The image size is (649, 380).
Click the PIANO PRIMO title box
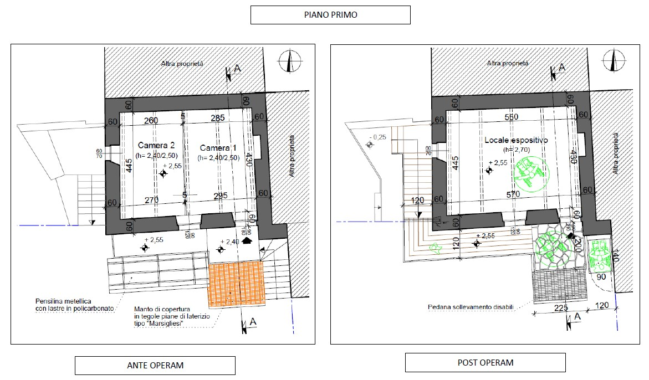(x=330, y=15)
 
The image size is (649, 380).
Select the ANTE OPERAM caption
(x=155, y=366)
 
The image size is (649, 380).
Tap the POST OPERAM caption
(x=485, y=363)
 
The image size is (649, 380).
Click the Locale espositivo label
(x=516, y=141)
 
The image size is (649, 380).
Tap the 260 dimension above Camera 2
(x=151, y=120)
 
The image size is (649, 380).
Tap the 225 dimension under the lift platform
(x=558, y=309)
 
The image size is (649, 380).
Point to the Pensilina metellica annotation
(x=69, y=304)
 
